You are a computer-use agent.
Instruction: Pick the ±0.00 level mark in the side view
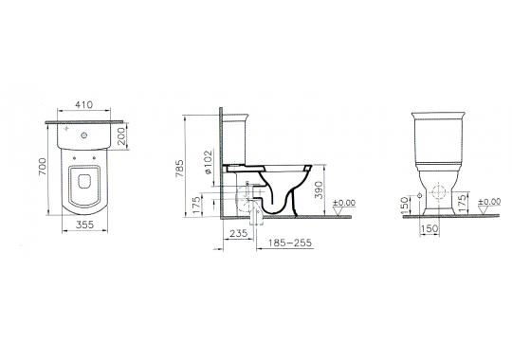pos(341,202)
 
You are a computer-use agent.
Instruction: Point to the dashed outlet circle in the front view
pos(440,195)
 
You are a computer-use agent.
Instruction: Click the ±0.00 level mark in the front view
pos(488,202)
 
